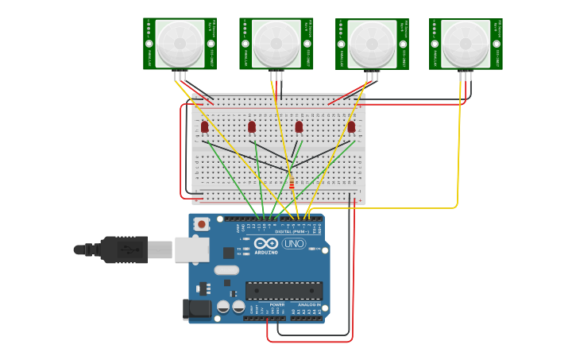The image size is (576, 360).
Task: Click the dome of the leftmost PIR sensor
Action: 180,43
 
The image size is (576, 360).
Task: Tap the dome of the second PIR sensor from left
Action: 276,43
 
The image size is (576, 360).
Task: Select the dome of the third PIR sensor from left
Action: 372,43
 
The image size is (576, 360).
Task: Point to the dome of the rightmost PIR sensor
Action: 466,43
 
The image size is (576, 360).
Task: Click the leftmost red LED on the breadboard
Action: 204,126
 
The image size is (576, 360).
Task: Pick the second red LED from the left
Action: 252,126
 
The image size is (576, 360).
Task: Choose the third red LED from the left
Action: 299,126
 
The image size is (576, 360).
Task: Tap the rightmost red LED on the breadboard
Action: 351,126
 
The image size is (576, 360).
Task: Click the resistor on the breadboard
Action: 292,184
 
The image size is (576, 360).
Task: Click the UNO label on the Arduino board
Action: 294,244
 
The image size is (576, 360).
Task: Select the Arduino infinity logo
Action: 266,243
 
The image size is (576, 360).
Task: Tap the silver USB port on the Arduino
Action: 191,250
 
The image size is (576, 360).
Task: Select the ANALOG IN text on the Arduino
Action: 309,304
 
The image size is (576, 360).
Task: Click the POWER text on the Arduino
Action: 276,304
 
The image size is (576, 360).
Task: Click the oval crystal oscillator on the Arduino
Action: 226,270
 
